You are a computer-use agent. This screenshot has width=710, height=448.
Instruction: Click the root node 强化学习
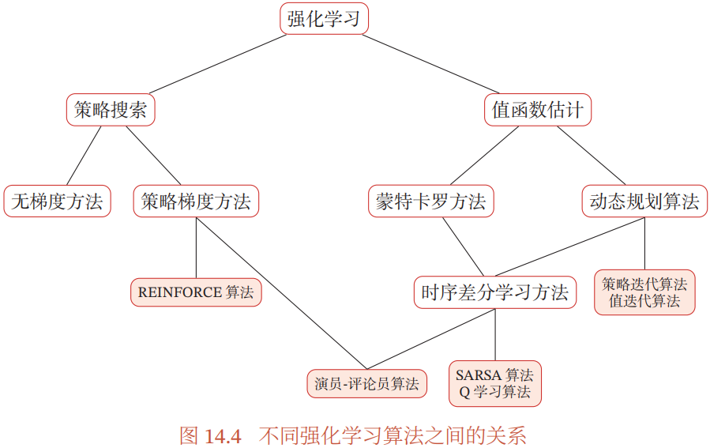[x=324, y=19]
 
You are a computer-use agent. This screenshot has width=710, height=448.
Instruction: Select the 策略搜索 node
[x=111, y=111]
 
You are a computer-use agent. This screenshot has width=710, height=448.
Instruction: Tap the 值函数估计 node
[x=537, y=111]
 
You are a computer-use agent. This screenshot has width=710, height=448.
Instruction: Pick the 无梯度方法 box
[x=57, y=201]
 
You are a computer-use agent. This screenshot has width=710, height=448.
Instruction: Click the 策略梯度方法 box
[x=196, y=201]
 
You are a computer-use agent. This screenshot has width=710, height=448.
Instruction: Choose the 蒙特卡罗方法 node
[x=430, y=201]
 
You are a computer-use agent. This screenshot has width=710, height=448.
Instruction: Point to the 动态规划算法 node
[x=644, y=201]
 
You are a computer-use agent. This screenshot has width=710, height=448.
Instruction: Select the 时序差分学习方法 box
[x=495, y=292]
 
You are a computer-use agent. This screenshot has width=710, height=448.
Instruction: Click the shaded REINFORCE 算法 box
[x=196, y=292]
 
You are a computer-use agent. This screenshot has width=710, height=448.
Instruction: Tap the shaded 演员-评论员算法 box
[x=366, y=384]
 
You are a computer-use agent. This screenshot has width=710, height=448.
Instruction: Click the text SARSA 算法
[x=494, y=375]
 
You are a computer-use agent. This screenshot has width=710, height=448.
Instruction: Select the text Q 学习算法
[x=494, y=392]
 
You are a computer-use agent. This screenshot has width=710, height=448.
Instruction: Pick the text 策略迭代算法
[x=644, y=284]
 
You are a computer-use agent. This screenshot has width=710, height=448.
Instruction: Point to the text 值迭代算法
[x=644, y=301]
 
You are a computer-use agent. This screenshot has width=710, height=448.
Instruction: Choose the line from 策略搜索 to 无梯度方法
[x=84, y=156]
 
